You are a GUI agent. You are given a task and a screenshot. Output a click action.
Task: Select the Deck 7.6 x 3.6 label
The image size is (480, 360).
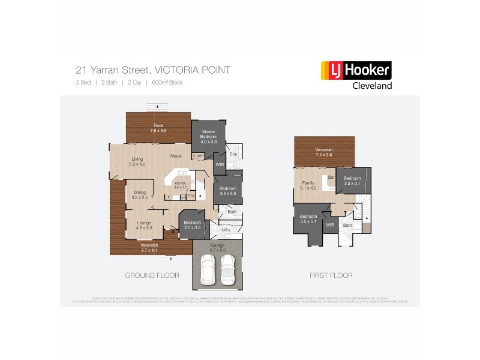tap(158, 128)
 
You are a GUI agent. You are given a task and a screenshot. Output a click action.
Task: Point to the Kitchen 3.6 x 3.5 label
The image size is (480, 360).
tap(181, 185)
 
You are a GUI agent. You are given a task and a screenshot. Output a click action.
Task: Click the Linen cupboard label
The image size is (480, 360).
tap(198, 156)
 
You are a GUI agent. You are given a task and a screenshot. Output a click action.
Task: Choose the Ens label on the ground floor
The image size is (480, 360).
tap(234, 154)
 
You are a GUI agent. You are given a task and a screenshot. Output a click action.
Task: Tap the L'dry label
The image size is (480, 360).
tap(226, 230)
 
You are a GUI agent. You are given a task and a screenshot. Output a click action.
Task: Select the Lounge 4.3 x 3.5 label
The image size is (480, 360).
tap(144, 225)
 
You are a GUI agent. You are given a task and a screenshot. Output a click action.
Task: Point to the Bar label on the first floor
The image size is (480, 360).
tap(331, 177)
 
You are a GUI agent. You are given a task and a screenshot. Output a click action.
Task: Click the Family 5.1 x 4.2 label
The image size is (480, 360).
tap(308, 185)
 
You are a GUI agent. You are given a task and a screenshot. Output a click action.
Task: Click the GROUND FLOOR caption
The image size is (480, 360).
tap(152, 275)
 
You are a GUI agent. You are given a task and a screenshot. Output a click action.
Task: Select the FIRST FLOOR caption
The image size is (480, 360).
tap(331, 275)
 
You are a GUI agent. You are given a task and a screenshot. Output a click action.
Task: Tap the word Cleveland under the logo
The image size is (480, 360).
tap(371, 86)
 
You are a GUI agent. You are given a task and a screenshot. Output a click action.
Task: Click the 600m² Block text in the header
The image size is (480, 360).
tap(167, 82)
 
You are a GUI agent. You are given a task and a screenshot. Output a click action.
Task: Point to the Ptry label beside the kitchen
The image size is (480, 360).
tap(191, 196)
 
